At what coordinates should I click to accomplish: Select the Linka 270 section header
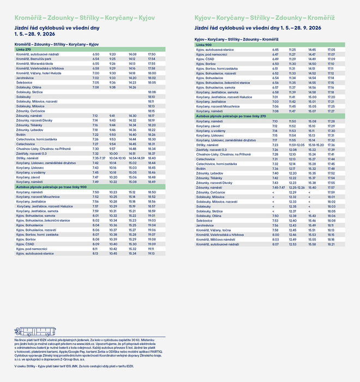[23, 50]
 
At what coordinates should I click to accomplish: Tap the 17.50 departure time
[152, 55]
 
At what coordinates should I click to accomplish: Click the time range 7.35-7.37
[99, 158]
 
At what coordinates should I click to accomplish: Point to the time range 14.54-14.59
[136, 158]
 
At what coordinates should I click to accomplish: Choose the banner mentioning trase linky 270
[231, 116]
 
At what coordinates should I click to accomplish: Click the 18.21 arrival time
[331, 244]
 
